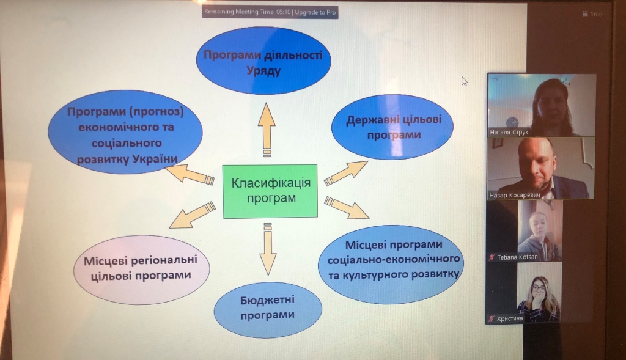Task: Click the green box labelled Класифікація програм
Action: [x=270, y=191]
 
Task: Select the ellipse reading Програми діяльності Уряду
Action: [x=263, y=61]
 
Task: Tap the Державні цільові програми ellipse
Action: [x=392, y=127]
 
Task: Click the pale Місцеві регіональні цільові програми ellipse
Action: [x=141, y=270]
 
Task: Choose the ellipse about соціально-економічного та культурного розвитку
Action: [x=391, y=259]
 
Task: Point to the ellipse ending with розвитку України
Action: [x=125, y=132]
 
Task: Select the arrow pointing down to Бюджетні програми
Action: [x=268, y=249]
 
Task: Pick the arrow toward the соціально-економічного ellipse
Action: [x=347, y=207]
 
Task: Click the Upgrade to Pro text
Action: [x=315, y=12]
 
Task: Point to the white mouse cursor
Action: [x=465, y=81]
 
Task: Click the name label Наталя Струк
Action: [x=509, y=132]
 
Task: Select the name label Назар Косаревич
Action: [x=515, y=195]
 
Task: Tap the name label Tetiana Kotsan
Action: [x=517, y=257]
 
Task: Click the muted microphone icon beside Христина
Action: [x=492, y=318]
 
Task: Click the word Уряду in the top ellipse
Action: [x=263, y=71]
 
